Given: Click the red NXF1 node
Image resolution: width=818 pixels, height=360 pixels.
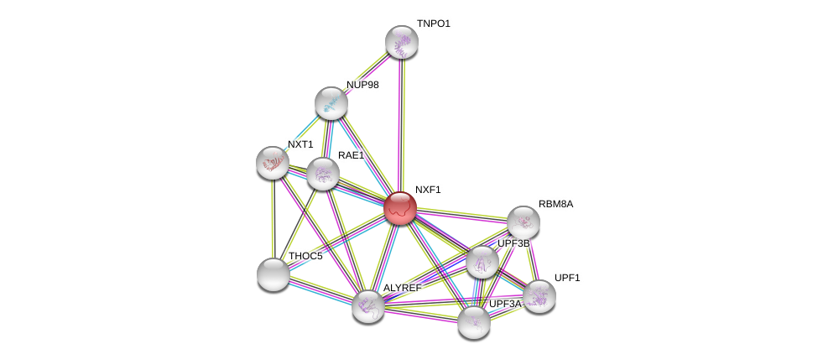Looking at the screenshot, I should pos(400,208).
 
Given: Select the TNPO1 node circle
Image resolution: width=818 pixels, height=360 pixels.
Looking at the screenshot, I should pos(402,42).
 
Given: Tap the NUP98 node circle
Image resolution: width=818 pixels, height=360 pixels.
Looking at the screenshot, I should pos(331,103).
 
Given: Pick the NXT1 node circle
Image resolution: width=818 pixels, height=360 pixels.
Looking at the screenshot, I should pos(273,163).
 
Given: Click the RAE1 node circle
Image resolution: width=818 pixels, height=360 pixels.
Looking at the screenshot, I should pos(323,174).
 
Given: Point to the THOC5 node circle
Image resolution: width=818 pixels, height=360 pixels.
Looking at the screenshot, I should pos(274,274).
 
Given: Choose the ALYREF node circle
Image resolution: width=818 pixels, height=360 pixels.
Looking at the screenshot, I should pos(368,306).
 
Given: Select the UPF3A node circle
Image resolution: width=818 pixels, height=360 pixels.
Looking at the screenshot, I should pos(474,322).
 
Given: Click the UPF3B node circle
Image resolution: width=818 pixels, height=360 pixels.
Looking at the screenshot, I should pos(482,262).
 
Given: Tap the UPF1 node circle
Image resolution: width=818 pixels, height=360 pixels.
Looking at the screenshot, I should pos(539,296).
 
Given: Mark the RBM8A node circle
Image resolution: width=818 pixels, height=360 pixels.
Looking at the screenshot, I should pos(524,222).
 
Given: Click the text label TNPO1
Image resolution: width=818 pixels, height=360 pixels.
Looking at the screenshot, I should pos(434,23).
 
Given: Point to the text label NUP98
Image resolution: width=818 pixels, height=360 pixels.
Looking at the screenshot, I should pos(362,85).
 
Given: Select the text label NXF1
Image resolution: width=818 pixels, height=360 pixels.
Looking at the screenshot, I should pos(428,190).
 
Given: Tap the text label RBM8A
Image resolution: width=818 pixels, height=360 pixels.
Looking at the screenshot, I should pos(555,204).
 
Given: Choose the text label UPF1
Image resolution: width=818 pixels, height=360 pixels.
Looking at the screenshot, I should pos(567,277).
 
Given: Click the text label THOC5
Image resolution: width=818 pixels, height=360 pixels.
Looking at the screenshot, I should pos(305,256).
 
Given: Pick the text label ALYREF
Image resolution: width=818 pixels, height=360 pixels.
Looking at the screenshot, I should pos(402,288).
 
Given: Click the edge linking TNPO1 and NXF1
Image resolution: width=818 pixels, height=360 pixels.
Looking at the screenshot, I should pos(402,126).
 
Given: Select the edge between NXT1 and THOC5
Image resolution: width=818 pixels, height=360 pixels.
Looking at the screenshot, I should pos(273,218).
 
